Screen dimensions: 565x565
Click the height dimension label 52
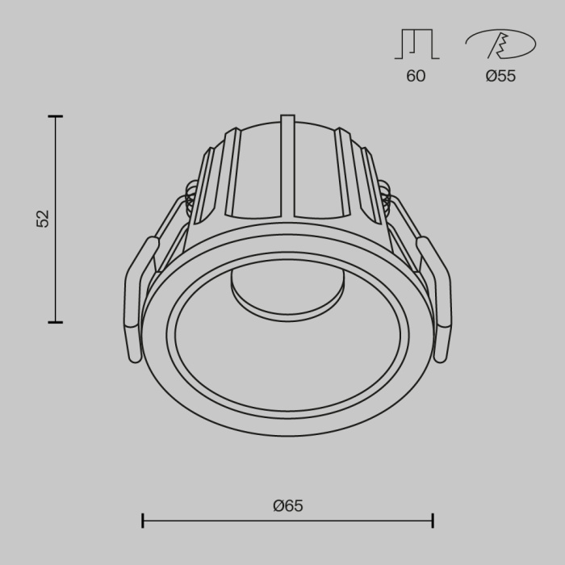click(43, 219)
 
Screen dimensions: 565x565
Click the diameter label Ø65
click(288, 506)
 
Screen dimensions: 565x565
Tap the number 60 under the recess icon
click(416, 77)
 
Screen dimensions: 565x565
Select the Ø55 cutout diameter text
click(500, 77)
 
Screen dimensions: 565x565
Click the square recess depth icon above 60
click(416, 44)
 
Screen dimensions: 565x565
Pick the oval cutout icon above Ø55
click(500, 44)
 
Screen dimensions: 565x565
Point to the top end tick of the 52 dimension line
click(55, 117)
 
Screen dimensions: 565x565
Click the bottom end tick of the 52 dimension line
click(55, 322)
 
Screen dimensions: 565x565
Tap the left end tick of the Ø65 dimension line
click(143, 521)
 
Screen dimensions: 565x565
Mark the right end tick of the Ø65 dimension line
click(433, 521)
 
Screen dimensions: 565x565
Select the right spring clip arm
click(439, 299)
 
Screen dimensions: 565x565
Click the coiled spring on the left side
click(190, 198)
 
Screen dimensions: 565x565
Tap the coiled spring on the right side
click(385, 198)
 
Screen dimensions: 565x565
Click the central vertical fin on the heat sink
click(288, 169)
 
